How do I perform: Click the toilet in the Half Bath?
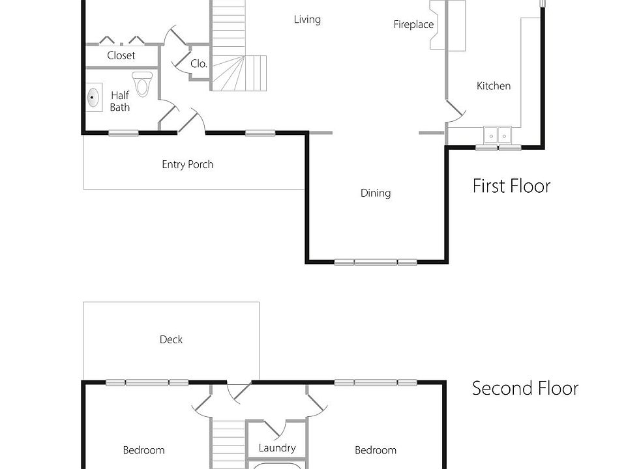[x=142, y=83]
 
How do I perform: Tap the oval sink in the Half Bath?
[x=93, y=98]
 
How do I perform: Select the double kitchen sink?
[x=499, y=135]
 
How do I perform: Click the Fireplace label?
[x=413, y=25]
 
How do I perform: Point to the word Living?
[x=307, y=20]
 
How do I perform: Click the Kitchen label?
[x=494, y=86]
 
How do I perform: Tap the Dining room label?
[x=376, y=193]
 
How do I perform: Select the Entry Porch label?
[x=188, y=165]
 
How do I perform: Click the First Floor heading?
[x=511, y=186]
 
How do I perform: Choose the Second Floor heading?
[x=525, y=388]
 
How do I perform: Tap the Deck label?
[x=171, y=339]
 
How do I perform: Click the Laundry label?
[x=277, y=448]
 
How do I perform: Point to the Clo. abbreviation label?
[x=199, y=64]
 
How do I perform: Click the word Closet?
[x=121, y=55]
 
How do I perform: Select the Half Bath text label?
[x=120, y=102]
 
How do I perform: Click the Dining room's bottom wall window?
[x=376, y=263]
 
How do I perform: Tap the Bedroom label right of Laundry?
[x=376, y=450]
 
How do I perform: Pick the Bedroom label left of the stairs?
[x=143, y=450]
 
